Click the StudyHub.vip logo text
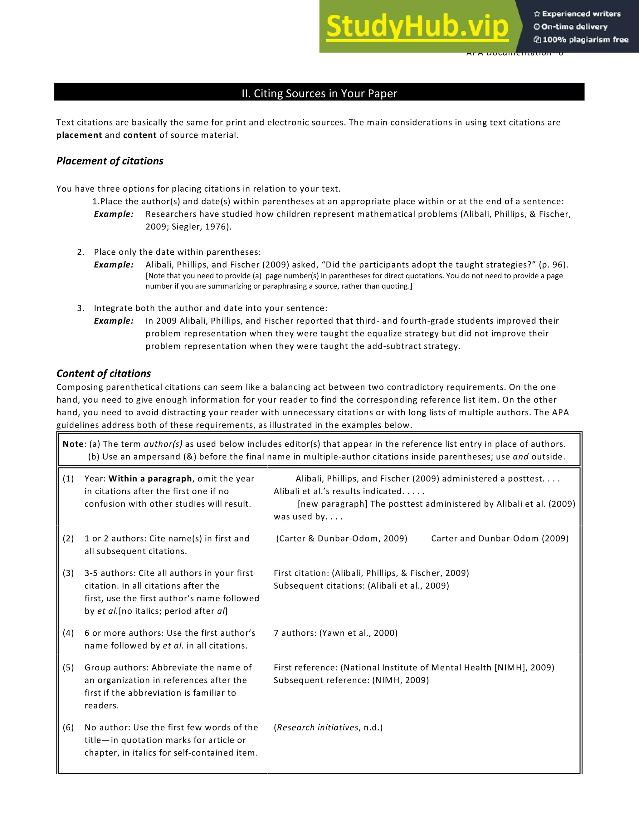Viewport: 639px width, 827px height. [417, 27]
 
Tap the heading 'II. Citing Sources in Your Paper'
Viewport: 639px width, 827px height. [319, 94]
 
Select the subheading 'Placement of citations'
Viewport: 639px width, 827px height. [110, 161]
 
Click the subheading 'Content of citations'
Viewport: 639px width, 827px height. [103, 373]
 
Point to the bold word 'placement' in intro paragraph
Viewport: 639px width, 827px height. [79, 135]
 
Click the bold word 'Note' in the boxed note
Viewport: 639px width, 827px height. [73, 444]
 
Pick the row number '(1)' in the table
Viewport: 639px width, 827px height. [68, 479]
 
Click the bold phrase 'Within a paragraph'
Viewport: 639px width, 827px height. [150, 479]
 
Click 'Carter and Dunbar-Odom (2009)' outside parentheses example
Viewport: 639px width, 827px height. [500, 538]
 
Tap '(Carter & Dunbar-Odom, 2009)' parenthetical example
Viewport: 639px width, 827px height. [341, 538]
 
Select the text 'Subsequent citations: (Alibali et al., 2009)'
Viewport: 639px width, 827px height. [361, 586]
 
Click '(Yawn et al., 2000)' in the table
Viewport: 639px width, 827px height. [359, 633]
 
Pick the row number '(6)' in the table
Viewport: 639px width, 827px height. [68, 727]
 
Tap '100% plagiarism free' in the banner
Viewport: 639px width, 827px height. [585, 40]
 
